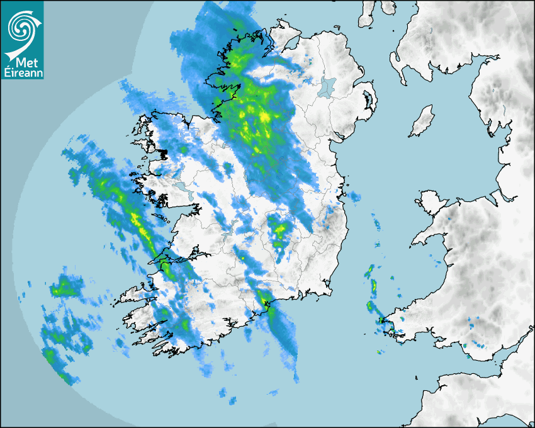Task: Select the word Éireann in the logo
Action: (22, 72)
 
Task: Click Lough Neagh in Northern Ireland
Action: (327, 86)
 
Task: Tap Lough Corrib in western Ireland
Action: (182, 188)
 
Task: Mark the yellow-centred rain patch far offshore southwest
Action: (63, 288)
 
